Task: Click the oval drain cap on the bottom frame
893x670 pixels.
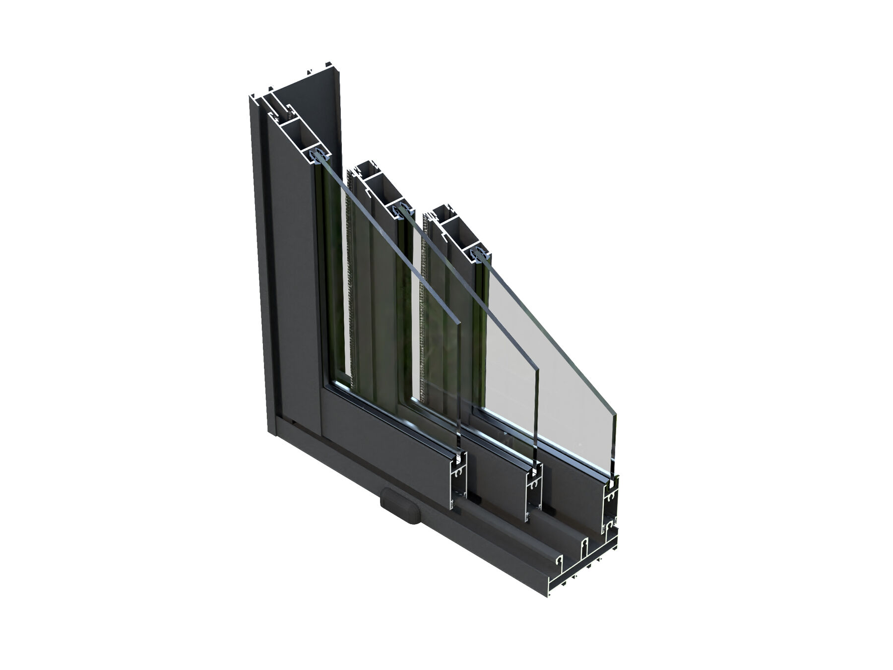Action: (x=401, y=505)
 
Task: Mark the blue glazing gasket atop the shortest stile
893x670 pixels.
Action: (x=479, y=253)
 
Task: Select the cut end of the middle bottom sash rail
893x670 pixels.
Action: (x=534, y=494)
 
